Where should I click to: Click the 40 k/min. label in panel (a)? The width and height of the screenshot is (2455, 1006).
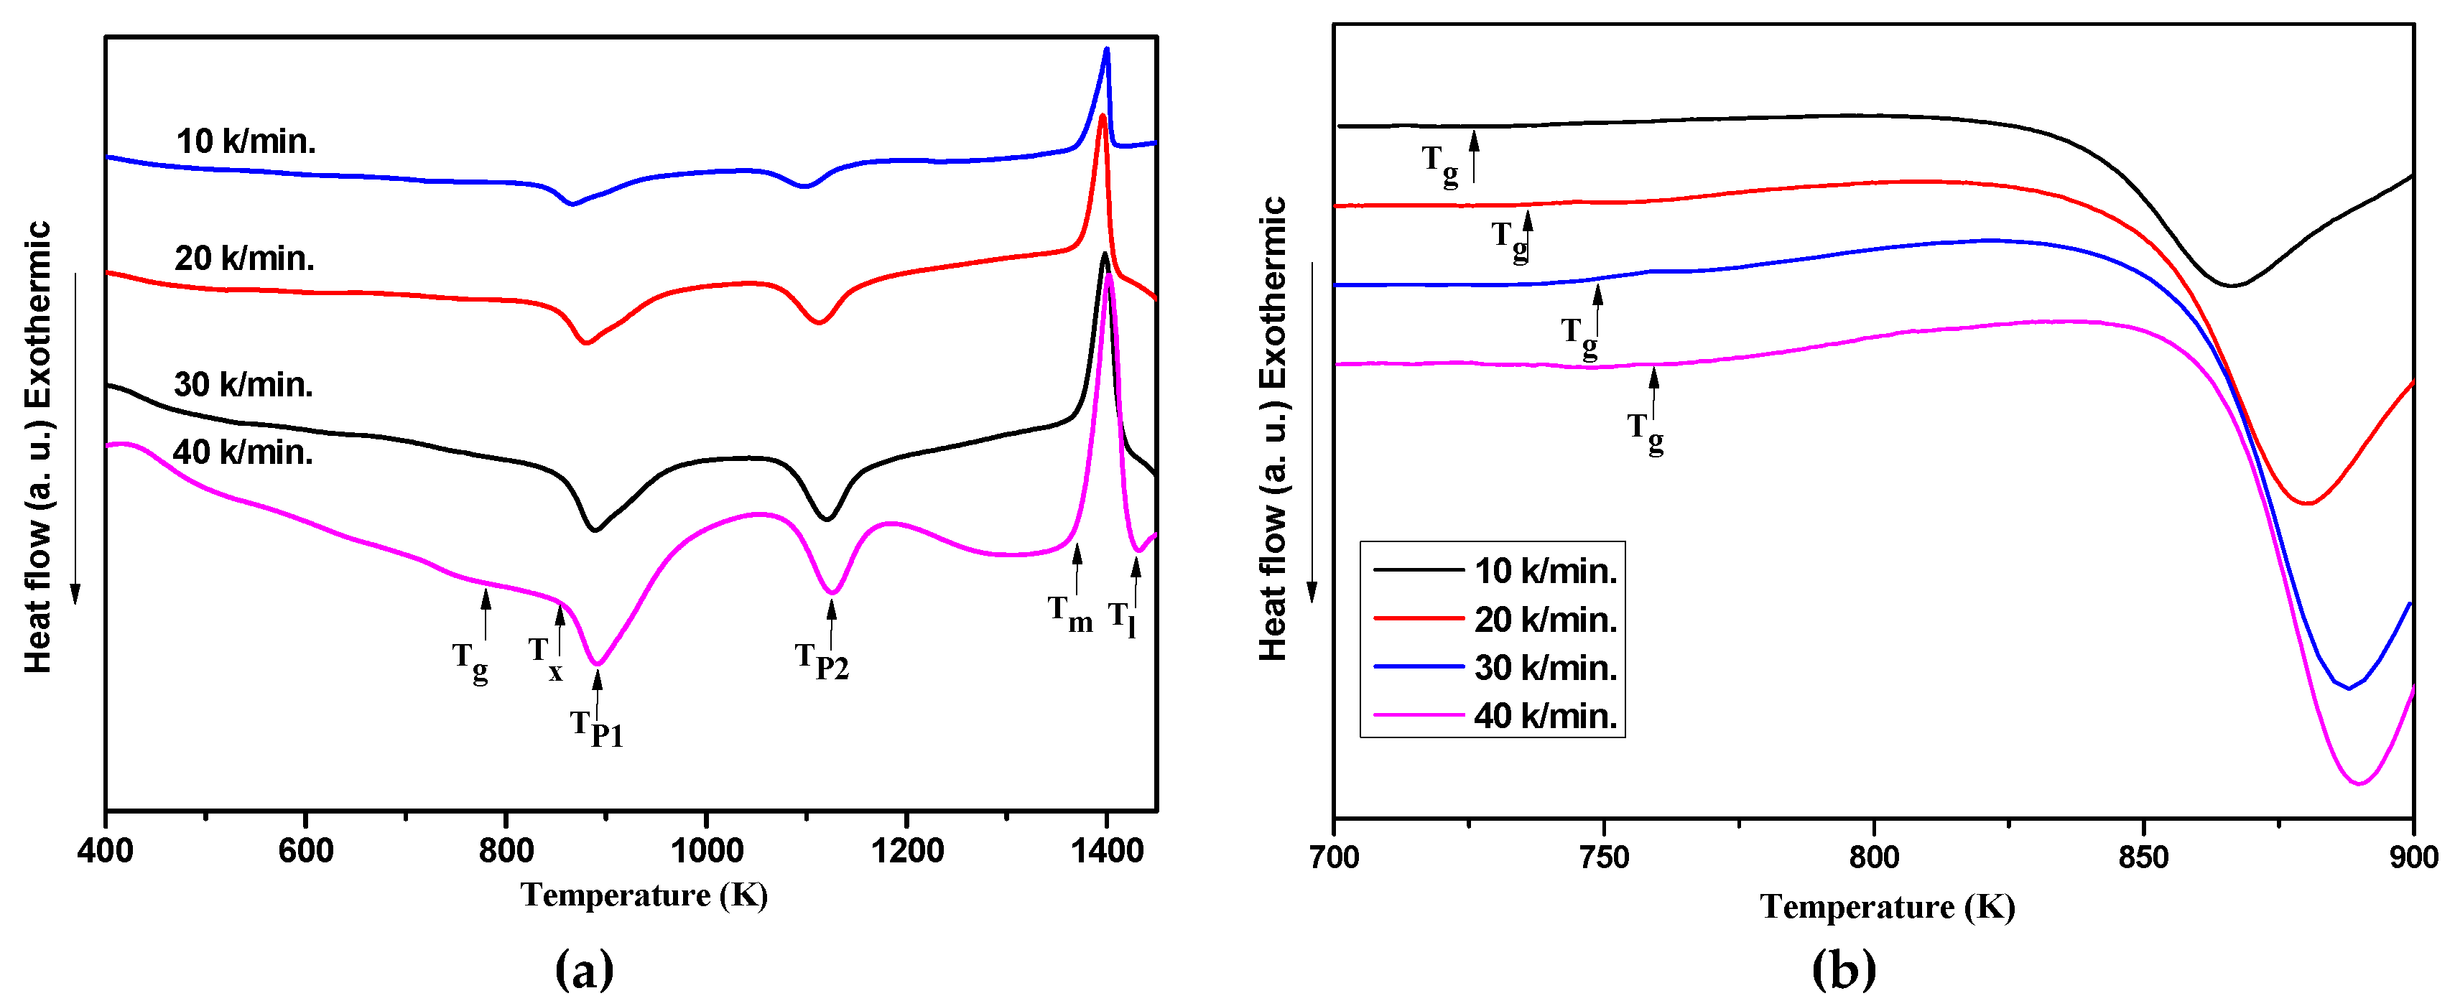tap(242, 452)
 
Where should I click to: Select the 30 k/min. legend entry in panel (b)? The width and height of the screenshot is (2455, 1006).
tap(1545, 668)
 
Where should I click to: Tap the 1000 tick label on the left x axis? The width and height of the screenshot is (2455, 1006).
tap(706, 851)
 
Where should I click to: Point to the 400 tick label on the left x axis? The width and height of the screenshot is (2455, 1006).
tap(105, 851)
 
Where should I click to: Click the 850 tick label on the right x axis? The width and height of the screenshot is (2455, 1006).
tap(2143, 857)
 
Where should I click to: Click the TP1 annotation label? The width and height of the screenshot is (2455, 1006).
tap(597, 730)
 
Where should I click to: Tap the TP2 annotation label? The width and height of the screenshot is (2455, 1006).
tap(822, 661)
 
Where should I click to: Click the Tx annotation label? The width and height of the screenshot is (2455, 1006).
tap(545, 657)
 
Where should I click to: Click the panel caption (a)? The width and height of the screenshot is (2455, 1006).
tap(583, 970)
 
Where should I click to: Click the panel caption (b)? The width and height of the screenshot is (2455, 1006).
tap(1843, 970)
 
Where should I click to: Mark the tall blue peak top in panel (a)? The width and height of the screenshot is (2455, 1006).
tap(1106, 50)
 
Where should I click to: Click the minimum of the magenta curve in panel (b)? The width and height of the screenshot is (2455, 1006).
tap(2359, 783)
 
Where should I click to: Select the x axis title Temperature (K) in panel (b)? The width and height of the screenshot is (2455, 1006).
tap(1887, 906)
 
